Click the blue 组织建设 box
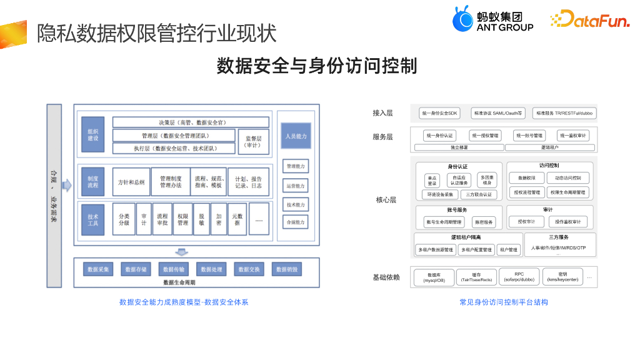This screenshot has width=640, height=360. pyautogui.click(x=92, y=134)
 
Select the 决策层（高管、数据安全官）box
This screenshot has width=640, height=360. pyautogui.click(x=191, y=122)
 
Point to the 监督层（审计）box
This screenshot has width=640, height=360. pyautogui.click(x=254, y=141)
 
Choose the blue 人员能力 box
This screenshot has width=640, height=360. pyautogui.click(x=296, y=136)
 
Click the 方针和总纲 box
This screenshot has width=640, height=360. pyautogui.click(x=131, y=182)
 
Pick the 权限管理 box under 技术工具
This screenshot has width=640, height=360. pyautogui.click(x=182, y=219)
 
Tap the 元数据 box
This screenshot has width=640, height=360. pyautogui.click(x=237, y=219)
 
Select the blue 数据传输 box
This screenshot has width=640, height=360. pyautogui.click(x=173, y=269)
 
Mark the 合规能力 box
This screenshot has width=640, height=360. pyautogui.click(x=296, y=222)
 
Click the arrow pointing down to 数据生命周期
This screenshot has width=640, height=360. pyautogui.click(x=181, y=252)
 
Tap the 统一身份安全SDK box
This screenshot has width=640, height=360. pyautogui.click(x=440, y=113)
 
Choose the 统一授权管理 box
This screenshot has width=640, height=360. pyautogui.click(x=486, y=135)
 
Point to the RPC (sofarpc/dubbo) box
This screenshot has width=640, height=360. pyautogui.click(x=519, y=276)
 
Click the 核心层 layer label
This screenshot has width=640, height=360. pyautogui.click(x=386, y=200)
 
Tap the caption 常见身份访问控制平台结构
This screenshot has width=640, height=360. pyautogui.click(x=503, y=302)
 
